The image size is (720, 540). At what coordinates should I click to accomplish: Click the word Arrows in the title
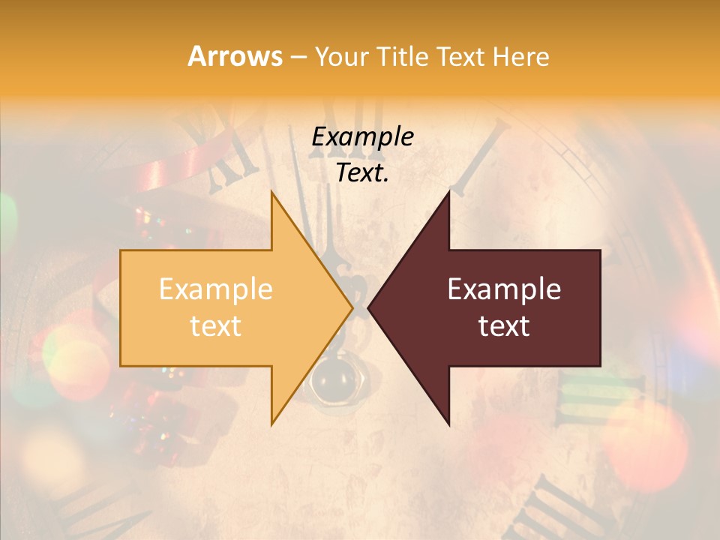(x=235, y=56)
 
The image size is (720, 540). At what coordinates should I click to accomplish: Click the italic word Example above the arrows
(x=362, y=136)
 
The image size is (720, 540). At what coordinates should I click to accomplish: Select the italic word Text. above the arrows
(x=362, y=173)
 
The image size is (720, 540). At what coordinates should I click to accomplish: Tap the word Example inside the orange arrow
(x=215, y=289)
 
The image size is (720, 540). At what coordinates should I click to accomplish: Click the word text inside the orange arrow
(x=215, y=325)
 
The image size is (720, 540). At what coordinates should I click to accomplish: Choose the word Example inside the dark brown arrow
(x=504, y=289)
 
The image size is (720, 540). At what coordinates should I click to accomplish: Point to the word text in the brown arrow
(x=504, y=325)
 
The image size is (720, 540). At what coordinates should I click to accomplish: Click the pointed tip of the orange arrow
(x=352, y=307)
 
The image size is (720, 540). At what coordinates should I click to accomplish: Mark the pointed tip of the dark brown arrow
(x=369, y=307)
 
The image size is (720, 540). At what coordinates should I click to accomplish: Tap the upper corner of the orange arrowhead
(x=272, y=193)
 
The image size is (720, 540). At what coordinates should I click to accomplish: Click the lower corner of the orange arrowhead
(x=272, y=424)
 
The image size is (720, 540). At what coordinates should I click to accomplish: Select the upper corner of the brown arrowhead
(x=448, y=193)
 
